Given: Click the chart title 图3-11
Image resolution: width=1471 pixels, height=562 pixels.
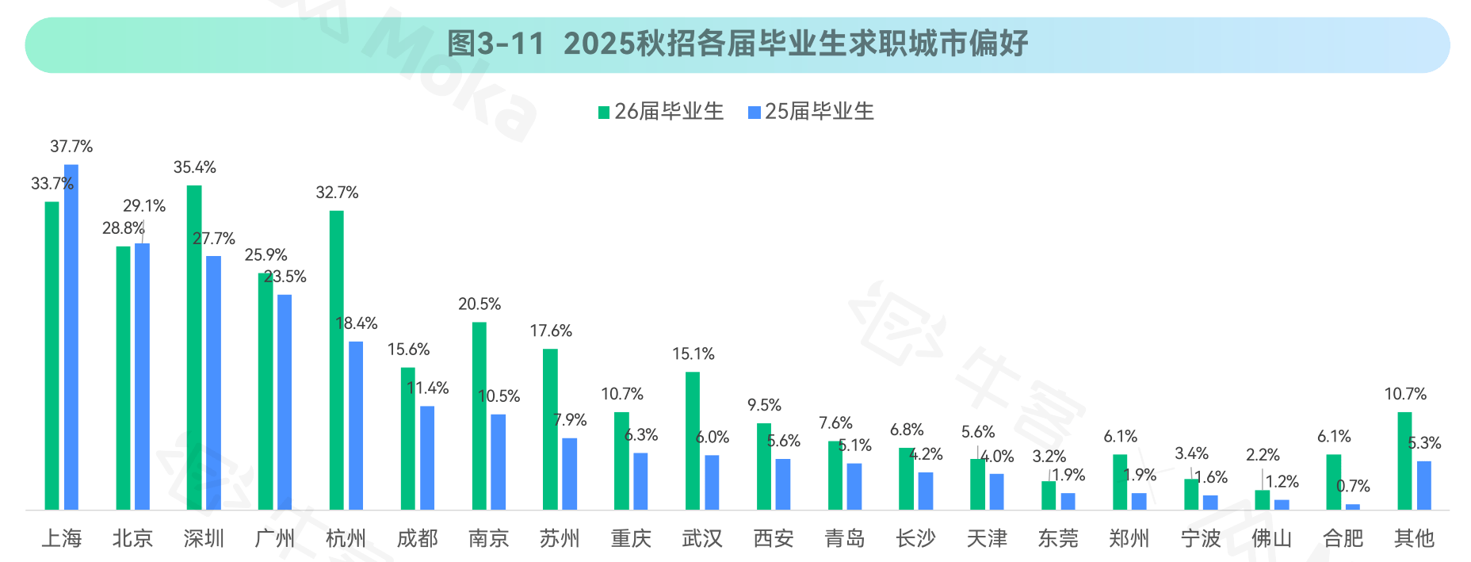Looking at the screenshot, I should point(737,44).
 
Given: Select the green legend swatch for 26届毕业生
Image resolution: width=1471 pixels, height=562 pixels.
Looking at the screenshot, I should point(604,113).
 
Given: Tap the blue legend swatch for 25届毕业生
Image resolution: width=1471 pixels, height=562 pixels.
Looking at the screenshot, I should point(755,113).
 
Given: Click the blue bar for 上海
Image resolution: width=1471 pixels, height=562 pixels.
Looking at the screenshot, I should point(71,337).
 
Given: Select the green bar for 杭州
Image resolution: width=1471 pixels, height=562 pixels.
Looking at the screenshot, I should point(336,360).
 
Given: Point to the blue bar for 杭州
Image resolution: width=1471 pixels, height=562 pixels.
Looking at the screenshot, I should point(356,426).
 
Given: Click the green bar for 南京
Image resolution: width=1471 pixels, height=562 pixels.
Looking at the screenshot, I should point(479,415).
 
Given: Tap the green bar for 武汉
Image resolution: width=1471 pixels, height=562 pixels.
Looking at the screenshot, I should point(693,441).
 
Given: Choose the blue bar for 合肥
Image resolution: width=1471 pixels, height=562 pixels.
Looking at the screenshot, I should point(1353,507).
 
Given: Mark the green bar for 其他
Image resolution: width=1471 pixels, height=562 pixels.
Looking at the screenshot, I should point(1404,461).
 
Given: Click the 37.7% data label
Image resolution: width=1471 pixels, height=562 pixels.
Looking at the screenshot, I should point(71,147).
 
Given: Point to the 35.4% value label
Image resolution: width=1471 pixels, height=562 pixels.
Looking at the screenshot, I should point(195,167).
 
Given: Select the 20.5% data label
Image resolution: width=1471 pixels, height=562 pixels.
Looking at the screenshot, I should point(480,304).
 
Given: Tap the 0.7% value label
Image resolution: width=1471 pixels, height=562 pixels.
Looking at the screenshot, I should point(1353,486).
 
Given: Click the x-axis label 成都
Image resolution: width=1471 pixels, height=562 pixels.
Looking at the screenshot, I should point(417,539).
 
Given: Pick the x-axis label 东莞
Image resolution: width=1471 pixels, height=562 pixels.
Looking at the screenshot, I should point(1058,539).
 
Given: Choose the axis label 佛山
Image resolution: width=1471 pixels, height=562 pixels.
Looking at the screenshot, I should point(1271,539).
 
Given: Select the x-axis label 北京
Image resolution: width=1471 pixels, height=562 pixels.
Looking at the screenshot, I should point(132,539).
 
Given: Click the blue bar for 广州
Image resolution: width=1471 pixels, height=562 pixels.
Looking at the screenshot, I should point(285,402).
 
